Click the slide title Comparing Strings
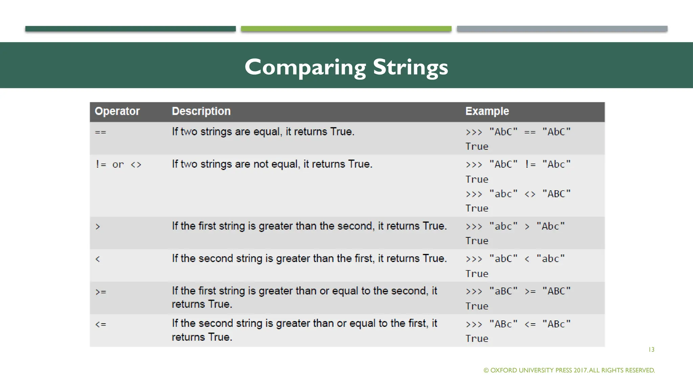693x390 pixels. coord(346,67)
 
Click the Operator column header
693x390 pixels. coord(117,111)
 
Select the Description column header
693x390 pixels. coord(201,111)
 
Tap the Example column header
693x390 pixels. coord(487,111)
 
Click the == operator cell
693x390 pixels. coord(100,132)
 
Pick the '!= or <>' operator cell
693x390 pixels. coord(118,165)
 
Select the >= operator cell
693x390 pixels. coord(101,291)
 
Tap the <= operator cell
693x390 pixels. coord(101,324)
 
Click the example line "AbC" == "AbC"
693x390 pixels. coord(518,132)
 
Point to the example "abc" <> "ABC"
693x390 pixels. coord(518,194)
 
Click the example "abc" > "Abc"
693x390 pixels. coord(515,226)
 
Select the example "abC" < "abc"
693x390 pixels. coord(515,259)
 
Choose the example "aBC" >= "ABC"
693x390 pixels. coord(518,291)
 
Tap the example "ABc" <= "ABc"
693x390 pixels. coord(518,324)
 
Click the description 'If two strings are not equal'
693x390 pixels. coord(272,164)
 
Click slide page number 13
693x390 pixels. coord(651,350)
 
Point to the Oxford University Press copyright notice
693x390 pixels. coord(569,370)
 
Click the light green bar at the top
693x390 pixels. coord(346,29)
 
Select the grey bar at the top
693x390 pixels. coord(562,29)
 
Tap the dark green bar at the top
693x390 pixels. coord(130,29)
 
